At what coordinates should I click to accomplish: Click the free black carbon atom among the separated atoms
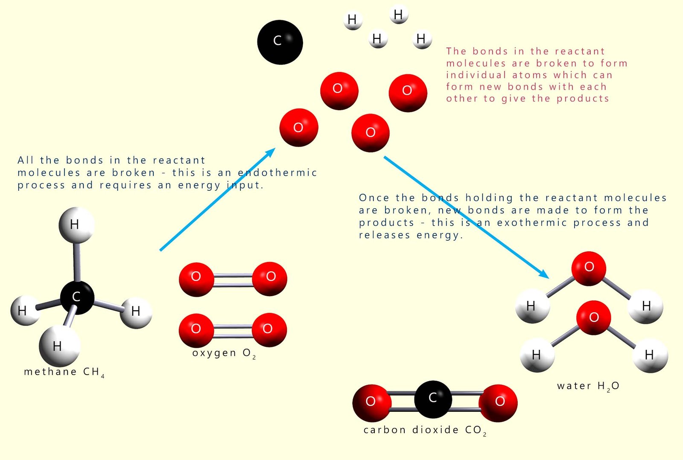tap(280, 42)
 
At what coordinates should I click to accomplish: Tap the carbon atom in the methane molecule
tap(77, 297)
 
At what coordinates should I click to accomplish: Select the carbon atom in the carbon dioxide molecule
tap(432, 399)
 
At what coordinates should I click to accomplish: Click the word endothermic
tap(277, 173)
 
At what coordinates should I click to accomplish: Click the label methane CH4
tap(64, 372)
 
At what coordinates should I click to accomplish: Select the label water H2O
tap(588, 386)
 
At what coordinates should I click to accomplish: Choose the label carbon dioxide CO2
tap(425, 430)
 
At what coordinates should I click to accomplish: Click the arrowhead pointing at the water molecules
tap(544, 274)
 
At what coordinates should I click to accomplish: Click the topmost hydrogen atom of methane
tap(76, 224)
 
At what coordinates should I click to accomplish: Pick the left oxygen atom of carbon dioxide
tap(371, 402)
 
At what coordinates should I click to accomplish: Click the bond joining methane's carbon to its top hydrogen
tap(77, 261)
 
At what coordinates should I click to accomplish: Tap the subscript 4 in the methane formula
tap(102, 376)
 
